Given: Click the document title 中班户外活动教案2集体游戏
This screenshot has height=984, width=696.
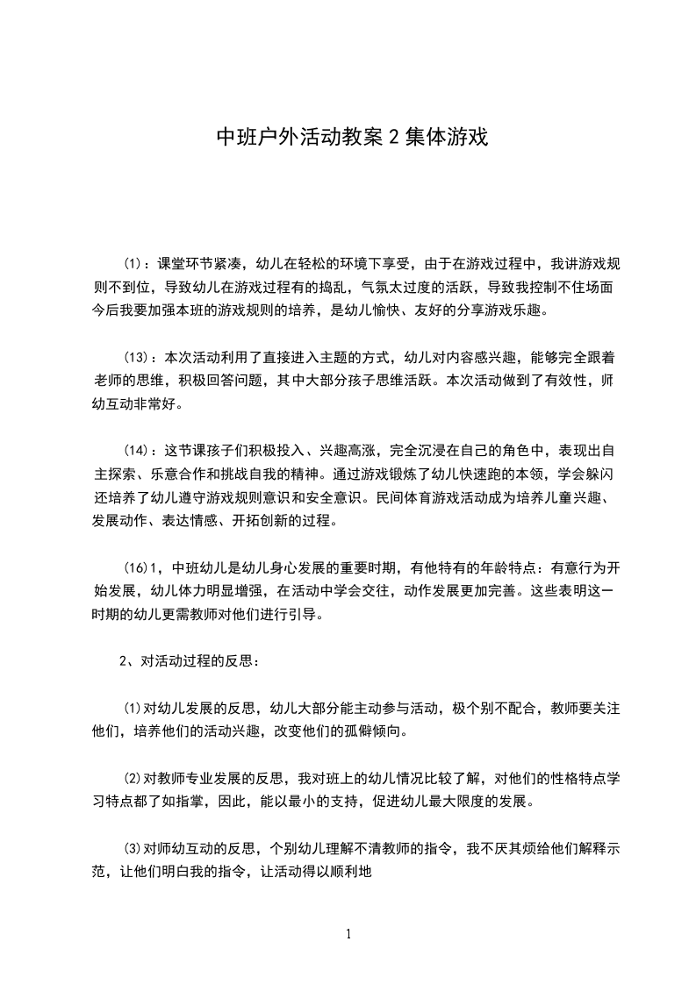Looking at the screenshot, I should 352,137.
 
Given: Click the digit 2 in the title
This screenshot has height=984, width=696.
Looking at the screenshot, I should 394,138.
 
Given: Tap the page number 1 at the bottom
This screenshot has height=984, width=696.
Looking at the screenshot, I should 348,933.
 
